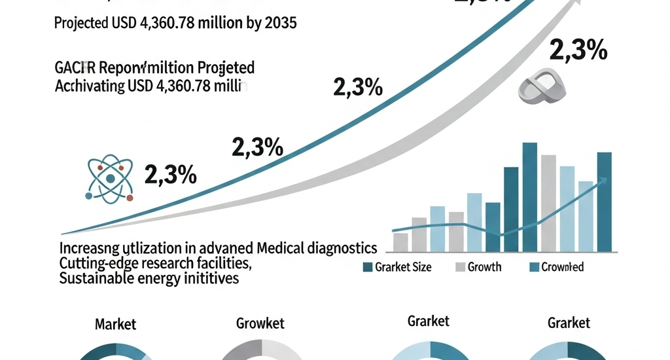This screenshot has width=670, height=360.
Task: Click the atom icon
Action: point(110,178)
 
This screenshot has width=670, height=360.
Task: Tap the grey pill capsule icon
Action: point(542,88)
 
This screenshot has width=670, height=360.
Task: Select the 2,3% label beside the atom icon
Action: point(169,175)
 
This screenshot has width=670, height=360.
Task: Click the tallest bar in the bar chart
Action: point(530,197)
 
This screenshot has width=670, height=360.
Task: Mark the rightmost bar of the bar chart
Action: point(605,202)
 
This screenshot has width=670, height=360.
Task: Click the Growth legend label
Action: point(484,267)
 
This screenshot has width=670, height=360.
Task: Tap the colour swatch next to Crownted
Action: point(533,267)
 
